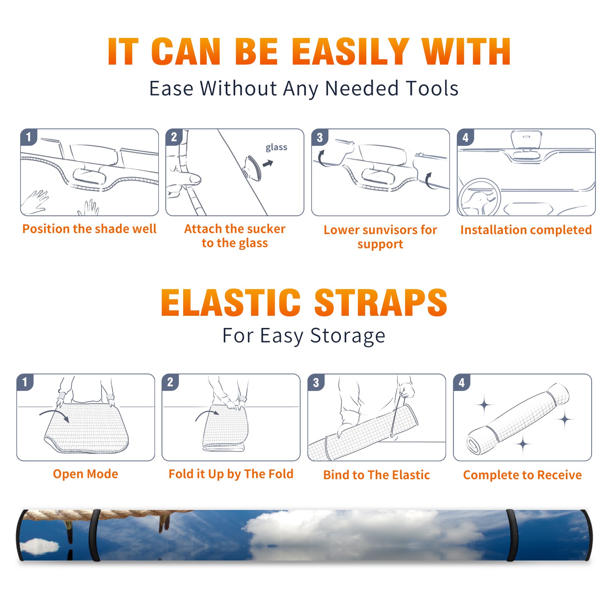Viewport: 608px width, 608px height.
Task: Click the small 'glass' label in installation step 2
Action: (276, 147)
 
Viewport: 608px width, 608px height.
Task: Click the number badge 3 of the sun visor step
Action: (320, 137)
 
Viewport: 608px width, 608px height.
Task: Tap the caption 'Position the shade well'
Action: (89, 229)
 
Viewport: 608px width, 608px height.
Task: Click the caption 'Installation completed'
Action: (526, 230)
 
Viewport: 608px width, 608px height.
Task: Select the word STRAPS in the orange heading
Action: (381, 302)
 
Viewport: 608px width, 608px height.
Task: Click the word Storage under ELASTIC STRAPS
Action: (348, 336)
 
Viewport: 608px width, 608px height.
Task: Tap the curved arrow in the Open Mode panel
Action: (54, 415)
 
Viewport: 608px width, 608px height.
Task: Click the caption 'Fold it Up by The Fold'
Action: (231, 474)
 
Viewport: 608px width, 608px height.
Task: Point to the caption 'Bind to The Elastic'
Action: (377, 475)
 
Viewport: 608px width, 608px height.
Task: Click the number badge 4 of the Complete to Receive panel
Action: (462, 382)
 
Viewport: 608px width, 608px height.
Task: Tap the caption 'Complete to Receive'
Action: (522, 475)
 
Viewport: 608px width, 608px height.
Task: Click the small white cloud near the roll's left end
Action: (40, 546)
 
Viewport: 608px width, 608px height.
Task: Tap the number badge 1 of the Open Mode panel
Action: (25, 382)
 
